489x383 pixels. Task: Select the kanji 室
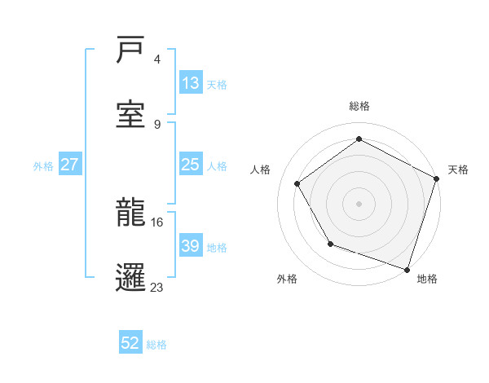[131, 113]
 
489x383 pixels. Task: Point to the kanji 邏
[131, 276]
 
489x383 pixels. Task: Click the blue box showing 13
[191, 83]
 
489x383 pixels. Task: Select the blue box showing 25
[191, 165]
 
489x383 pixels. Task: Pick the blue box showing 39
[191, 246]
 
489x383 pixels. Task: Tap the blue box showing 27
[69, 165]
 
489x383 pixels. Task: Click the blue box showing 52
[130, 343]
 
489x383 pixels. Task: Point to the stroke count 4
[157, 59]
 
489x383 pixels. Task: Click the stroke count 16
[157, 222]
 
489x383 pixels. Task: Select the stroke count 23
[157, 286]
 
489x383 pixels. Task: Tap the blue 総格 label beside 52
[156, 345]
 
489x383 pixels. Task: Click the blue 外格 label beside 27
[43, 166]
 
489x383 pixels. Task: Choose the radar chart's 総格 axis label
[359, 107]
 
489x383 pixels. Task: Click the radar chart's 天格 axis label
[458, 169]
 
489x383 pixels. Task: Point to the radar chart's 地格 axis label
[427, 280]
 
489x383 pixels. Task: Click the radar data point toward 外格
[330, 244]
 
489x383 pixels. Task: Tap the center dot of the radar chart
[359, 203]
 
